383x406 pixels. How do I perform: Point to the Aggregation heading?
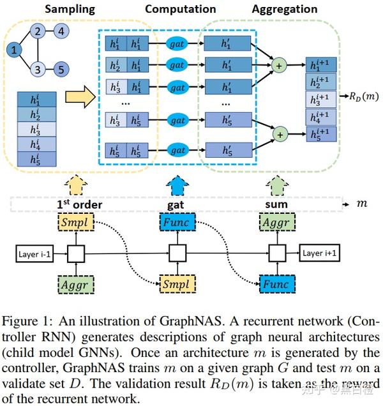(284, 9)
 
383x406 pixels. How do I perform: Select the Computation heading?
(181, 9)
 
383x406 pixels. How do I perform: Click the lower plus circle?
(278, 134)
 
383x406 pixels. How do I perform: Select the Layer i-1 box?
(33, 253)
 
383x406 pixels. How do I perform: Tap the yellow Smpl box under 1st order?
(76, 223)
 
